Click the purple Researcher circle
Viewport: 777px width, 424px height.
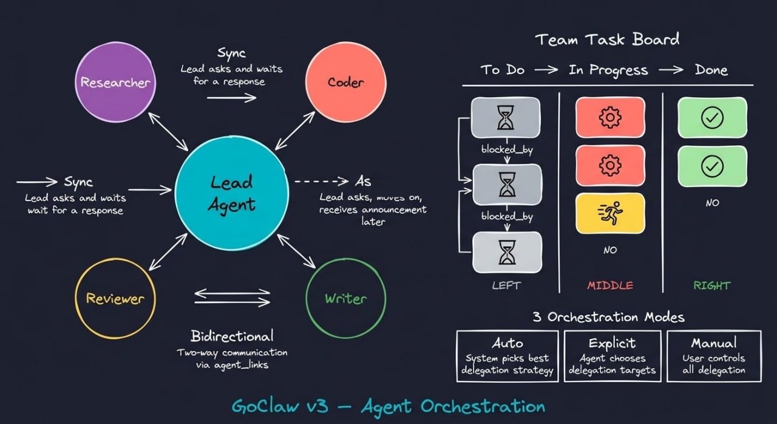(x=115, y=82)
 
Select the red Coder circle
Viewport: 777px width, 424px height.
(x=345, y=82)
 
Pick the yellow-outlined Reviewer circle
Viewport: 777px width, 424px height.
(x=115, y=298)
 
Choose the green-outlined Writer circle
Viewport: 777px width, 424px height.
(x=345, y=298)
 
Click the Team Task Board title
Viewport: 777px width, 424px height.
(x=607, y=40)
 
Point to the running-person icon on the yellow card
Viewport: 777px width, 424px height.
(x=609, y=213)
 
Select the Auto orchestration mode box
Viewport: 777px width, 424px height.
(x=507, y=356)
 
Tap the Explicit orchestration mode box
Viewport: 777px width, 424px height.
(x=612, y=356)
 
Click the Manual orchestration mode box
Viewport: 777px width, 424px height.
(x=714, y=356)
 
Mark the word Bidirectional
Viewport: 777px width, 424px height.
(x=232, y=336)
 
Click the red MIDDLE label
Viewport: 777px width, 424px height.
(x=609, y=285)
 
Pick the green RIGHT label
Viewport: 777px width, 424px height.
(x=713, y=285)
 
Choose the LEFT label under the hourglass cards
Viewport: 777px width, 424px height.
(x=506, y=285)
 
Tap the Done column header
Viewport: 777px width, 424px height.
(x=711, y=70)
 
